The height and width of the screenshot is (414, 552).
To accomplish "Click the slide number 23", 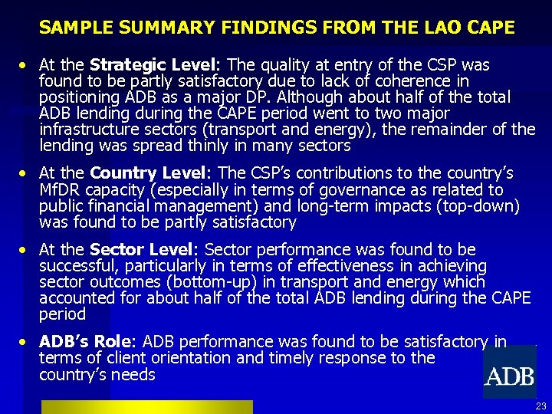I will (540, 406).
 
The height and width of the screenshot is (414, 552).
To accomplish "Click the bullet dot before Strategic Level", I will (25, 65).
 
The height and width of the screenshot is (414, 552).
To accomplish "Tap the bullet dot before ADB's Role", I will (25, 342).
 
